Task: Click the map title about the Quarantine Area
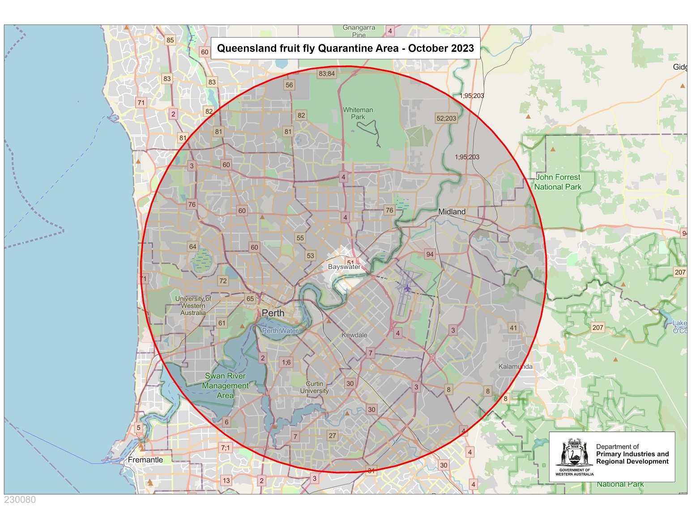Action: point(345,48)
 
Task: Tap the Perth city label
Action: point(273,313)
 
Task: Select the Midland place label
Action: point(452,212)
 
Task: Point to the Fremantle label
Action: point(145,460)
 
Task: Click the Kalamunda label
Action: point(516,367)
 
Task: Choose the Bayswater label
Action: point(344,267)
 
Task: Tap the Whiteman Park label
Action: point(358,113)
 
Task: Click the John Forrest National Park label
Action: point(558,182)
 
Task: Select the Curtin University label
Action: point(314,387)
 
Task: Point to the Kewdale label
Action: point(354,335)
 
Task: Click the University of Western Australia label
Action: point(193,306)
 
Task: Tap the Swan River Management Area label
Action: point(225,385)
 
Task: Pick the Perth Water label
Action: point(280,331)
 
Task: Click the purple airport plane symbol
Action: point(407,288)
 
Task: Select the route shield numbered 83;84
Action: point(327,74)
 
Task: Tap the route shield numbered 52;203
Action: point(446,118)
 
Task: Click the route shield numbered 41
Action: point(513,328)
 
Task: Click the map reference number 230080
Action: point(20,500)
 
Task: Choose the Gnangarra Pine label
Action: point(359,31)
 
